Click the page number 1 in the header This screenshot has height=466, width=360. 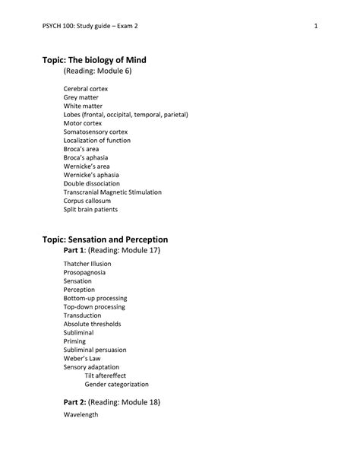coord(314,27)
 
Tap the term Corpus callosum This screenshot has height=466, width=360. coord(87,201)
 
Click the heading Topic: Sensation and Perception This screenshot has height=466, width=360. coord(115,239)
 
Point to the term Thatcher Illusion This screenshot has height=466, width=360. coord(87,264)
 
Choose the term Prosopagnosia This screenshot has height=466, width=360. coord(85,272)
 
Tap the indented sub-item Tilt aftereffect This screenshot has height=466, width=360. coord(106,376)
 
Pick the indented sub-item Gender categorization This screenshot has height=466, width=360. coord(117,384)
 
